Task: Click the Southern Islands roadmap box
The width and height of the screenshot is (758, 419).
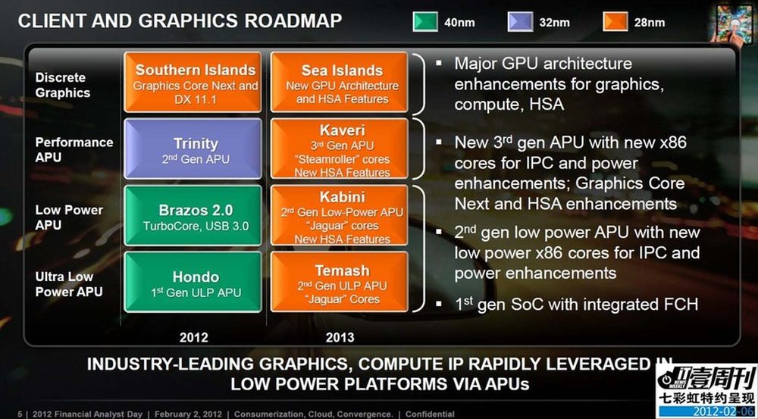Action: [x=193, y=82]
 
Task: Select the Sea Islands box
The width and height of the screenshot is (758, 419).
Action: [x=340, y=82]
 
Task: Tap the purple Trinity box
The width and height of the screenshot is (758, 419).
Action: [x=193, y=149]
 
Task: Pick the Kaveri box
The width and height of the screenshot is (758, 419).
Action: [x=340, y=149]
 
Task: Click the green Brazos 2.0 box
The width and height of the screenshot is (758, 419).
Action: [x=193, y=215]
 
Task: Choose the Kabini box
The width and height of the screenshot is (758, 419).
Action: [x=340, y=215]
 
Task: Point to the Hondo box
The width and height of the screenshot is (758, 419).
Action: [x=193, y=282]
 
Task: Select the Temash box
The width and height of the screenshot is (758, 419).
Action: [x=340, y=282]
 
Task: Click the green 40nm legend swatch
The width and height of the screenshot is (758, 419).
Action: [x=425, y=22]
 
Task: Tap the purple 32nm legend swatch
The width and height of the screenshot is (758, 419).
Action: [x=520, y=22]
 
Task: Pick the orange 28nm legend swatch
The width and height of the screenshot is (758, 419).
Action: [x=615, y=22]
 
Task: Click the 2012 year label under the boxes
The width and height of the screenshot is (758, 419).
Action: [x=194, y=337]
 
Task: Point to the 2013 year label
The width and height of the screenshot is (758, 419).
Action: [x=340, y=337]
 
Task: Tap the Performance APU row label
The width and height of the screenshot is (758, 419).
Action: [x=74, y=150]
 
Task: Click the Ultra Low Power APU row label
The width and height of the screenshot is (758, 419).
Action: [x=69, y=284]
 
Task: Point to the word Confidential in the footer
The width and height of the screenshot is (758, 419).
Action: [x=430, y=414]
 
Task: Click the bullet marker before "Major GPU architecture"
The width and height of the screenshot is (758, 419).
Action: [x=438, y=62]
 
